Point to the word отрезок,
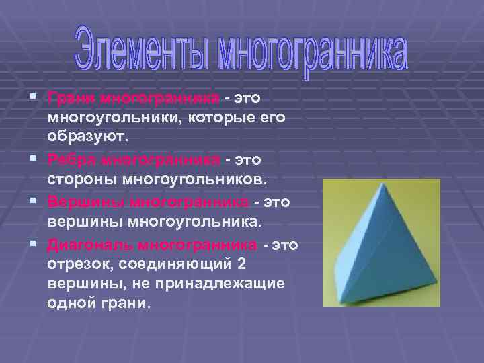[79, 264]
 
